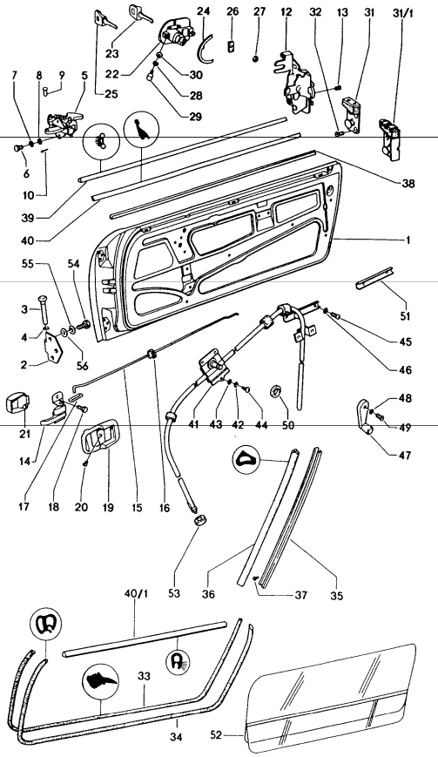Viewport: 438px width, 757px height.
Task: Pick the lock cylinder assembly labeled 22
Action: (175, 38)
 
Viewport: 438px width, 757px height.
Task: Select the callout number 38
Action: (421, 184)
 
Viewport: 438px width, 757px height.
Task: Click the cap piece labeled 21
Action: (19, 403)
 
